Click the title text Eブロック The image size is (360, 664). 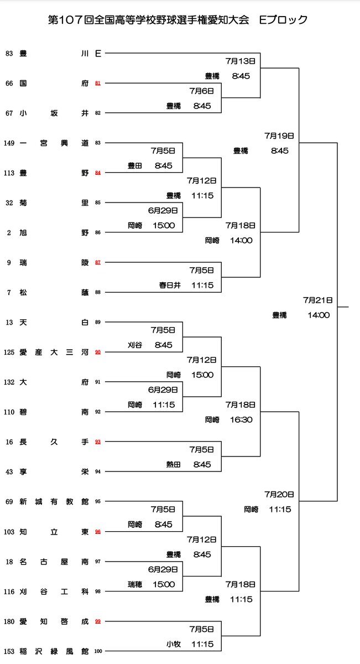click(x=283, y=20)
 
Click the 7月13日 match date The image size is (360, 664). click(x=241, y=61)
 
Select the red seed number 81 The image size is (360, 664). click(x=98, y=84)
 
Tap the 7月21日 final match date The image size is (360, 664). click(x=317, y=300)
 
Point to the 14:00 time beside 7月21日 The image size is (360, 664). click(x=319, y=315)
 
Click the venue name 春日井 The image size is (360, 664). click(x=170, y=285)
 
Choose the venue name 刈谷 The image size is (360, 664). click(x=135, y=345)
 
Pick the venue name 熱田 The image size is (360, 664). click(x=173, y=464)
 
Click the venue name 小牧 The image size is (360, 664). click(x=173, y=644)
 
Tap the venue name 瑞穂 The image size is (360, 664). click(x=135, y=584)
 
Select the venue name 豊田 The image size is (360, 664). click(x=135, y=165)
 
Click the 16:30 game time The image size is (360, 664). click(x=241, y=419)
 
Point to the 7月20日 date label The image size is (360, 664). click(x=279, y=494)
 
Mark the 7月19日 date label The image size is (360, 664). click(x=279, y=136)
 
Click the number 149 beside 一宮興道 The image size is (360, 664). click(x=9, y=143)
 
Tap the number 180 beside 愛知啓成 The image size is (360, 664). click(x=9, y=621)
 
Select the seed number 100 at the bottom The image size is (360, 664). click(x=98, y=651)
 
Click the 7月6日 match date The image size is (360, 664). click(x=201, y=91)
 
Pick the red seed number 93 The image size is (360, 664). click(x=98, y=442)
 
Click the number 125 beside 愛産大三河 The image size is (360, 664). click(x=9, y=352)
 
